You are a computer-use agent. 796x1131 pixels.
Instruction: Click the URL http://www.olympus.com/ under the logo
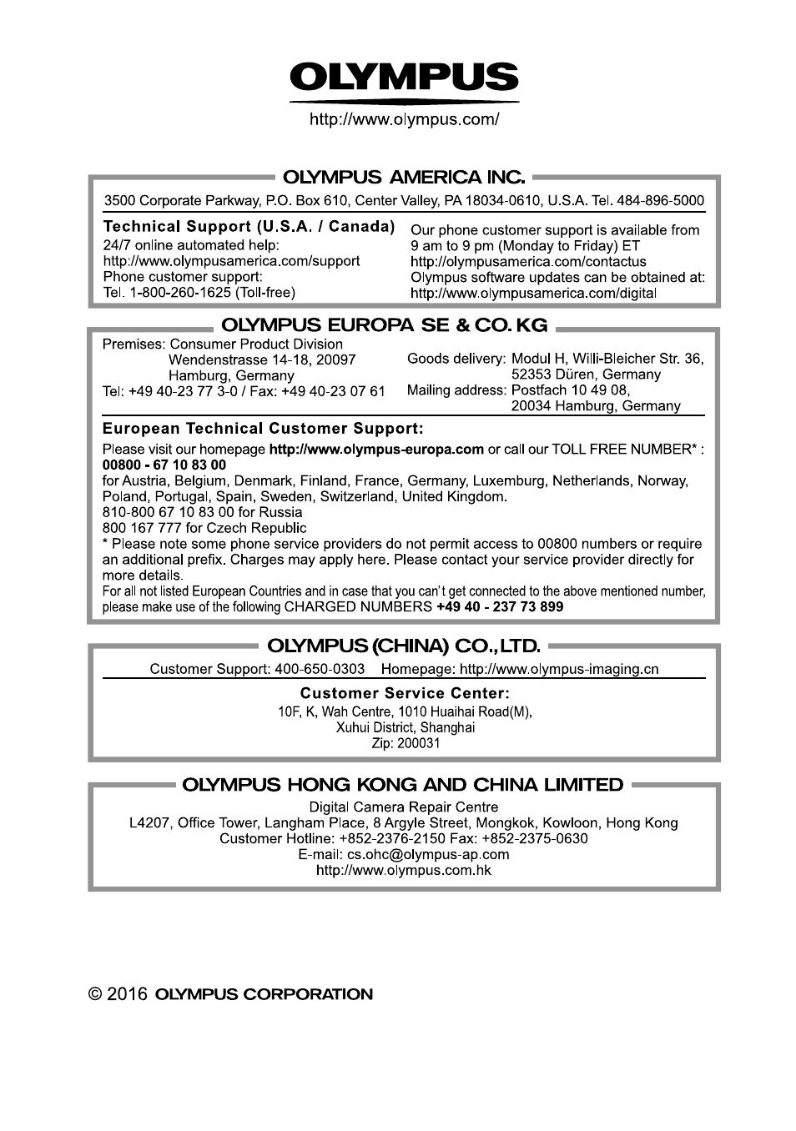tap(404, 119)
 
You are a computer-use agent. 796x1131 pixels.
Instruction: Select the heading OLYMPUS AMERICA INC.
tap(404, 177)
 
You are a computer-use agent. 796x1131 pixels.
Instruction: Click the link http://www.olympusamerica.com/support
tap(231, 261)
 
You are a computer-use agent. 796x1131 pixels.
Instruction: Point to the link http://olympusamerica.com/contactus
tap(528, 262)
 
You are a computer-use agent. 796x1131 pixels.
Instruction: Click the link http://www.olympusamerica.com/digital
tap(533, 294)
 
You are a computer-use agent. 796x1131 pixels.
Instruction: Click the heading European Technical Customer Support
tap(263, 429)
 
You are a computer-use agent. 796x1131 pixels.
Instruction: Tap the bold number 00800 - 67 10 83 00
tap(164, 465)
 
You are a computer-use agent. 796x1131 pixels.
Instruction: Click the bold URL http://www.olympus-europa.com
tap(376, 449)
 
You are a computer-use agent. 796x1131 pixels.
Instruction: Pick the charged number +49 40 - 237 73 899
tap(499, 607)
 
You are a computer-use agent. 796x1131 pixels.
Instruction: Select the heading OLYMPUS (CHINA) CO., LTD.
tap(403, 645)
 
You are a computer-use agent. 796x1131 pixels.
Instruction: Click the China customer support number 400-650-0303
tap(320, 669)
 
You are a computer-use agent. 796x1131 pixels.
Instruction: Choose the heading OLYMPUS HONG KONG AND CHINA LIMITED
tap(402, 785)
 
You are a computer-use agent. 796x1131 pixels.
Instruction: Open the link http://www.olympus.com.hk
tap(403, 870)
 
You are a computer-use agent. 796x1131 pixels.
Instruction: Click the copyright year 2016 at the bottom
tap(128, 994)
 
